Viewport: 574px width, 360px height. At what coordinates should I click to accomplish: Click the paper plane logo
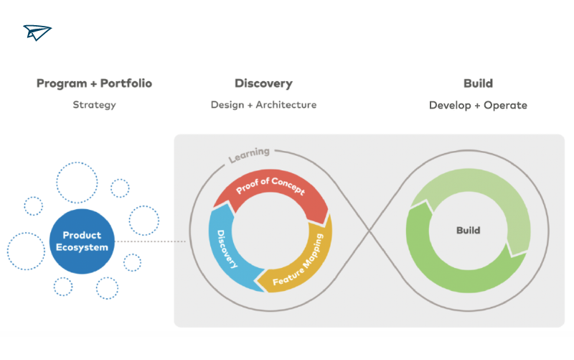click(37, 32)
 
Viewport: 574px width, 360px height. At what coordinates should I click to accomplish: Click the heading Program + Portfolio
click(94, 83)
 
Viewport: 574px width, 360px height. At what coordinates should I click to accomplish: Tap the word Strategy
click(94, 105)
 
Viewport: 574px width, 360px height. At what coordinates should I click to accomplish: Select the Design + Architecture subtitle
click(263, 105)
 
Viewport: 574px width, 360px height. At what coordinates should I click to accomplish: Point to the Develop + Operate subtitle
click(478, 105)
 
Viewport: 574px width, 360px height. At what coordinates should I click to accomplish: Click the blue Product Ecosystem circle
click(82, 241)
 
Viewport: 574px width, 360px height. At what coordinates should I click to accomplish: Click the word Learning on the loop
click(249, 154)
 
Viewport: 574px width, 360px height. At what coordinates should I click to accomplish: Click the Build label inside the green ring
click(469, 230)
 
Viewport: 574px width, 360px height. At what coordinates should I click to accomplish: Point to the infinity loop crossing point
click(370, 231)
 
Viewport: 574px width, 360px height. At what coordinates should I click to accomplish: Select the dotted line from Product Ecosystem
click(150, 241)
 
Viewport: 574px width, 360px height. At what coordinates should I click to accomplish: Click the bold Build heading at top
click(478, 83)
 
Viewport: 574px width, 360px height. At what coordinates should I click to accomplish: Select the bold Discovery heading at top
click(263, 83)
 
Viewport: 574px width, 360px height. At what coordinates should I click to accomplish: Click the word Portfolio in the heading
click(126, 83)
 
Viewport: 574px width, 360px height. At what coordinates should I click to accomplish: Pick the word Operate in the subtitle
click(506, 106)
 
